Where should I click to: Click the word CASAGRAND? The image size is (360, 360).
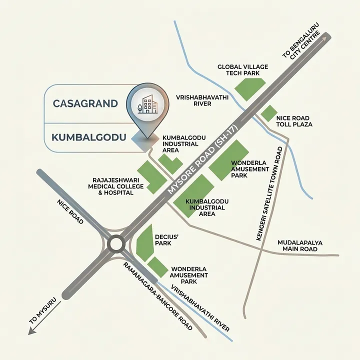pyautogui.click(x=85, y=104)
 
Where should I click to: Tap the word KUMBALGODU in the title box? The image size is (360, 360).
pyautogui.click(x=87, y=136)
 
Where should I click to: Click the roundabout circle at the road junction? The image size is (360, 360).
pyautogui.click(x=117, y=244)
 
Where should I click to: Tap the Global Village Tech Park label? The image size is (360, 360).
pyautogui.click(x=242, y=69)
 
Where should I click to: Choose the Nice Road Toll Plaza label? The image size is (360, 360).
pyautogui.click(x=294, y=121)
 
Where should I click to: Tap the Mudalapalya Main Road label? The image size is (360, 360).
pyautogui.click(x=299, y=245)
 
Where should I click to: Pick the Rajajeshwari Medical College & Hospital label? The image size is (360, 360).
pyautogui.click(x=115, y=186)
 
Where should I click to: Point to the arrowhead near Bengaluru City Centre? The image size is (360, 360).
pyautogui.click(x=325, y=36)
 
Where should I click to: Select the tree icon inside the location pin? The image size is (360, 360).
pyautogui.click(x=140, y=106)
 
